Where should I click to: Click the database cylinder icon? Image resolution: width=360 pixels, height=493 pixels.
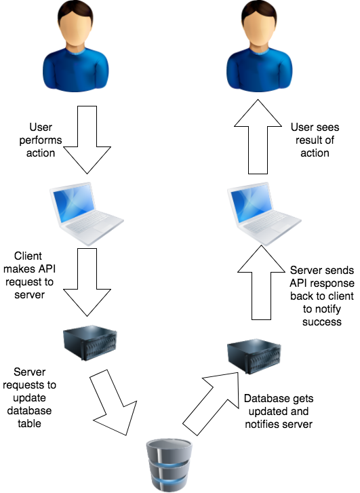pos(169,465)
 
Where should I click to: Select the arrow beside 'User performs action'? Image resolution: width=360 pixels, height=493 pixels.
pos(87,140)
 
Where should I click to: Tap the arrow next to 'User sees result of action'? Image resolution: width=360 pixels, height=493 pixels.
pos(258,137)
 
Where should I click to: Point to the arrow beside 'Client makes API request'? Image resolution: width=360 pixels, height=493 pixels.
pos(87,282)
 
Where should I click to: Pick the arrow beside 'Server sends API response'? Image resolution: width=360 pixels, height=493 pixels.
pos(261,283)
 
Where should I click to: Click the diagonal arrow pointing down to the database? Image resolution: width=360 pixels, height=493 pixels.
pos(115,403)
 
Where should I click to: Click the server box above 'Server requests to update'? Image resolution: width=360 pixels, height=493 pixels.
pos(90,342)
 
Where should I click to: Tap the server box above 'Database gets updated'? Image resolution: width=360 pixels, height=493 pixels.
pos(254,357)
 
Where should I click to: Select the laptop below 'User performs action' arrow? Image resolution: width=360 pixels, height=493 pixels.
pos(87,214)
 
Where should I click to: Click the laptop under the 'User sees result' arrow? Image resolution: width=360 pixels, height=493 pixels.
pos(264,214)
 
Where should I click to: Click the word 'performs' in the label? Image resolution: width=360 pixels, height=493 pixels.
pos(41,140)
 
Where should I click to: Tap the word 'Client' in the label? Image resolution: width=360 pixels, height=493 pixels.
pos(28,256)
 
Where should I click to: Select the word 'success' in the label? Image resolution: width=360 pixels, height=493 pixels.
pos(322,322)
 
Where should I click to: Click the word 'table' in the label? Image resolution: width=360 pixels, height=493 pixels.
pos(29,424)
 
